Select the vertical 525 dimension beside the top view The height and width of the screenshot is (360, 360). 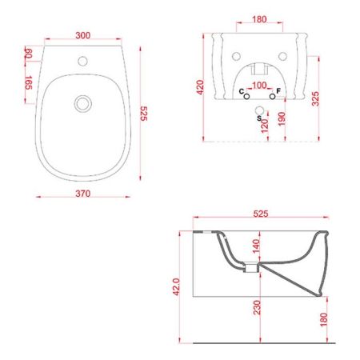click(145, 115)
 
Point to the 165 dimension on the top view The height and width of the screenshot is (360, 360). click(29, 82)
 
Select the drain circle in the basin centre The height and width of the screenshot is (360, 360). click(81, 102)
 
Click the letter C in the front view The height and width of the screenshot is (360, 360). click(242, 93)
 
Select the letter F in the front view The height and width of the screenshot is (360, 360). click(278, 93)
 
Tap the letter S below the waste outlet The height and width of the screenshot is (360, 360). click(258, 118)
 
